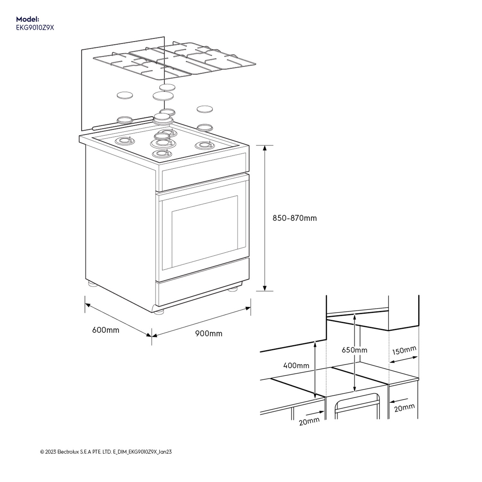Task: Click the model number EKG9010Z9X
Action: coord(35,28)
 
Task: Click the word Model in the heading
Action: coord(27,19)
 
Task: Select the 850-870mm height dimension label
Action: coord(295,218)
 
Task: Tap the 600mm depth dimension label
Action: coord(106,330)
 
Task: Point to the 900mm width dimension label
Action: coord(209,334)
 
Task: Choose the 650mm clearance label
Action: coord(354,350)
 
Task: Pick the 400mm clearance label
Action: coord(296,365)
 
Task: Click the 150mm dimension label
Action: coord(404,351)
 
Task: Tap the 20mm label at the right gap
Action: coord(404,408)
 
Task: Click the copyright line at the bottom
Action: coord(106,452)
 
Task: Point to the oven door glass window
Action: coord(204,231)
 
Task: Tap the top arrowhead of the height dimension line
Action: coord(265,148)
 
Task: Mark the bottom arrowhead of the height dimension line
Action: coord(265,289)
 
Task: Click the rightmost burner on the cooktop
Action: coord(203,145)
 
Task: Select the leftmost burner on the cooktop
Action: coord(124,140)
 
